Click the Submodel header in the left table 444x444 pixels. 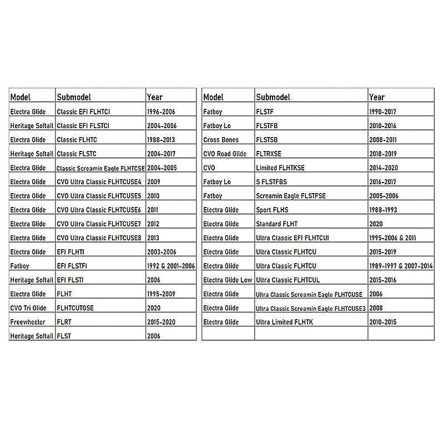(74, 97)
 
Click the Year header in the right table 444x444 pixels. (377, 97)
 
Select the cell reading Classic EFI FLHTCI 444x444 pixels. (84, 112)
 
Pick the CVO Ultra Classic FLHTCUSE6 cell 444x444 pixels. (99, 210)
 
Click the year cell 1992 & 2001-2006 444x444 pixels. (171, 266)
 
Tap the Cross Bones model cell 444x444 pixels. (221, 140)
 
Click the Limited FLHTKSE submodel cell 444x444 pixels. (280, 168)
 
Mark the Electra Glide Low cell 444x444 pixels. (228, 280)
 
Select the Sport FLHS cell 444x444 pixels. (273, 210)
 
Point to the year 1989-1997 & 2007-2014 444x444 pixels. (401, 266)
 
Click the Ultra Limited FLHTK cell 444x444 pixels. (284, 322)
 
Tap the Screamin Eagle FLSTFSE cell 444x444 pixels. (291, 196)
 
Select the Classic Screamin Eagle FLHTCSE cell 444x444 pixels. (100, 168)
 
